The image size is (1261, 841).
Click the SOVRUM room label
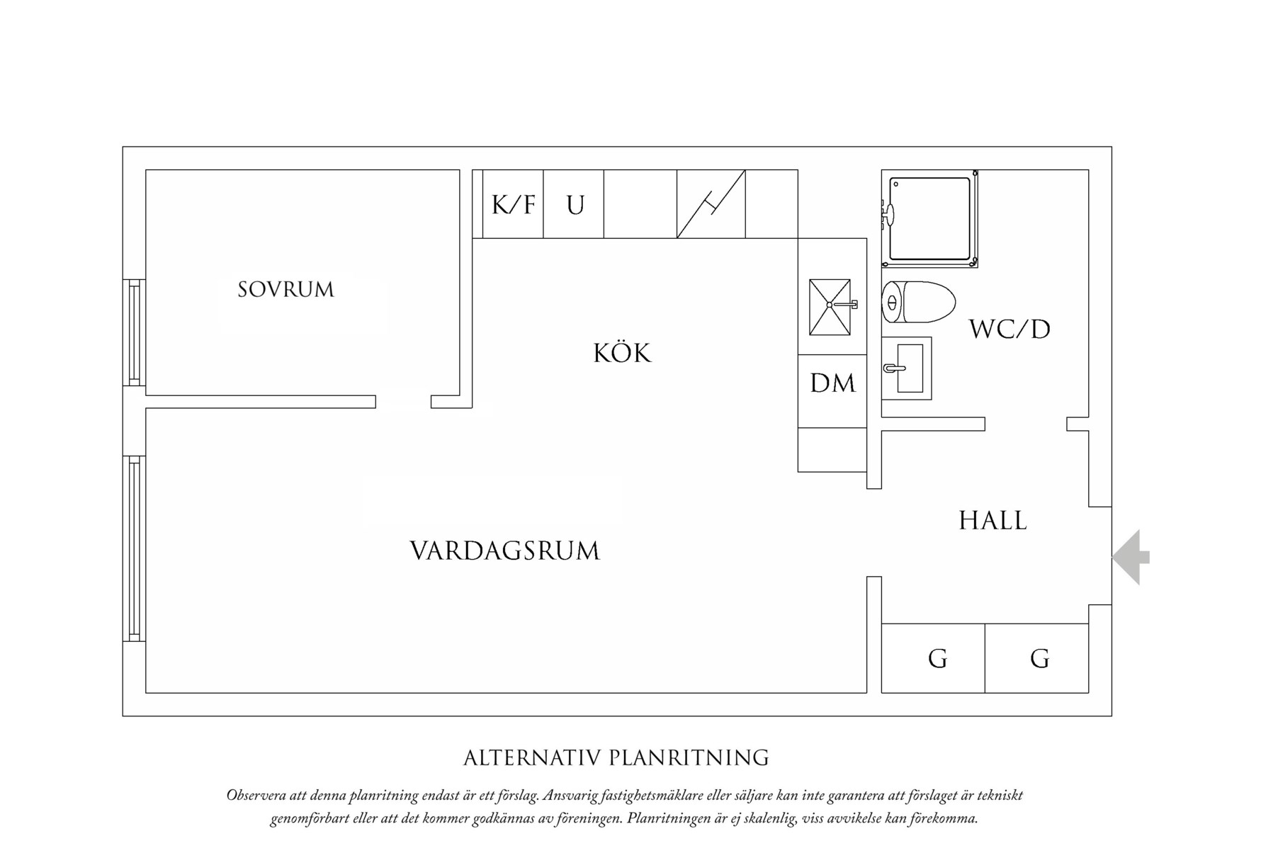285,289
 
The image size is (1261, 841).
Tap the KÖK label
621,353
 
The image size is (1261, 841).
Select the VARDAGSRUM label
504,551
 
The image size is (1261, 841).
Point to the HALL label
993,521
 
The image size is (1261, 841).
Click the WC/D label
1010,329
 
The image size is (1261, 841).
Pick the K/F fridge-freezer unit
513,205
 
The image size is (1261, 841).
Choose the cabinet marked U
574,205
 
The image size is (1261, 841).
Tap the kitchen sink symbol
830,307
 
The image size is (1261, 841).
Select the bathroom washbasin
907,368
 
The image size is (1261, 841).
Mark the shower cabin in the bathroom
929,218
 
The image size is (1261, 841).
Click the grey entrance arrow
1131,557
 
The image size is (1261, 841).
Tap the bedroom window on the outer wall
134,332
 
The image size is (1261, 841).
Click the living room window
134,548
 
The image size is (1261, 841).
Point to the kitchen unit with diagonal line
711,204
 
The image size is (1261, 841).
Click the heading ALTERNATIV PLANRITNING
616,757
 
